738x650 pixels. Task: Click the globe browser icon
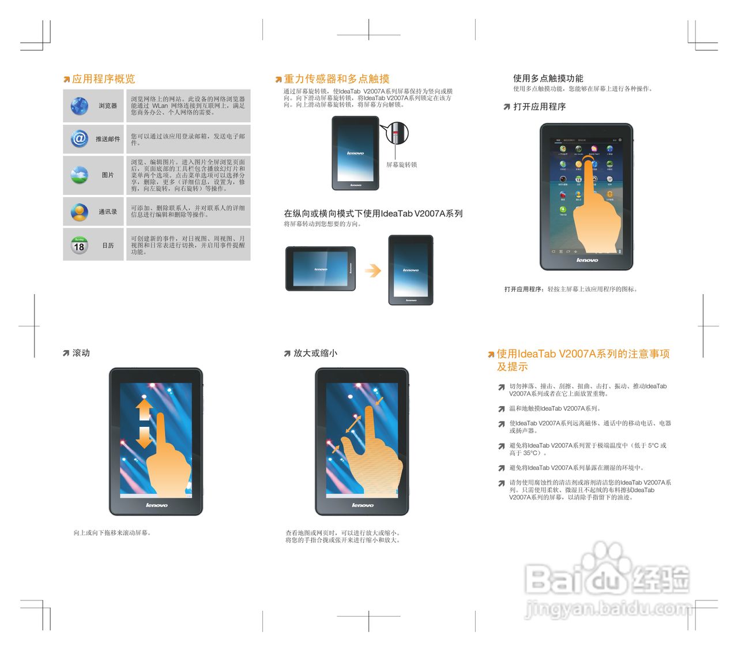click(x=79, y=106)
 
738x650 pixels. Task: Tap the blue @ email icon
click(x=79, y=138)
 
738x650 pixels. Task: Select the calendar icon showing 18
click(x=79, y=246)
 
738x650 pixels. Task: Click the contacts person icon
click(x=79, y=212)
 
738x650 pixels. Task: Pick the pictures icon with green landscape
click(x=79, y=175)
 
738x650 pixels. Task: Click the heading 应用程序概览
click(x=103, y=79)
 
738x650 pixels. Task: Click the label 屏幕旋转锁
click(x=401, y=165)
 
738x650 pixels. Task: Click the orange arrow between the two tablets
click(x=373, y=270)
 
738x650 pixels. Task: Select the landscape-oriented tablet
click(x=321, y=269)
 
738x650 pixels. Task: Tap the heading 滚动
click(x=81, y=353)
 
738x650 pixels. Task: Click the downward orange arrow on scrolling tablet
click(x=144, y=438)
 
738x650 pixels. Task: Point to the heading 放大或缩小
click(x=315, y=353)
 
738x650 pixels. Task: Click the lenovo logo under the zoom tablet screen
click(x=362, y=505)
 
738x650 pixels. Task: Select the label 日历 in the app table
click(x=108, y=246)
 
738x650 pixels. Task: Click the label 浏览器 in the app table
click(x=108, y=106)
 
